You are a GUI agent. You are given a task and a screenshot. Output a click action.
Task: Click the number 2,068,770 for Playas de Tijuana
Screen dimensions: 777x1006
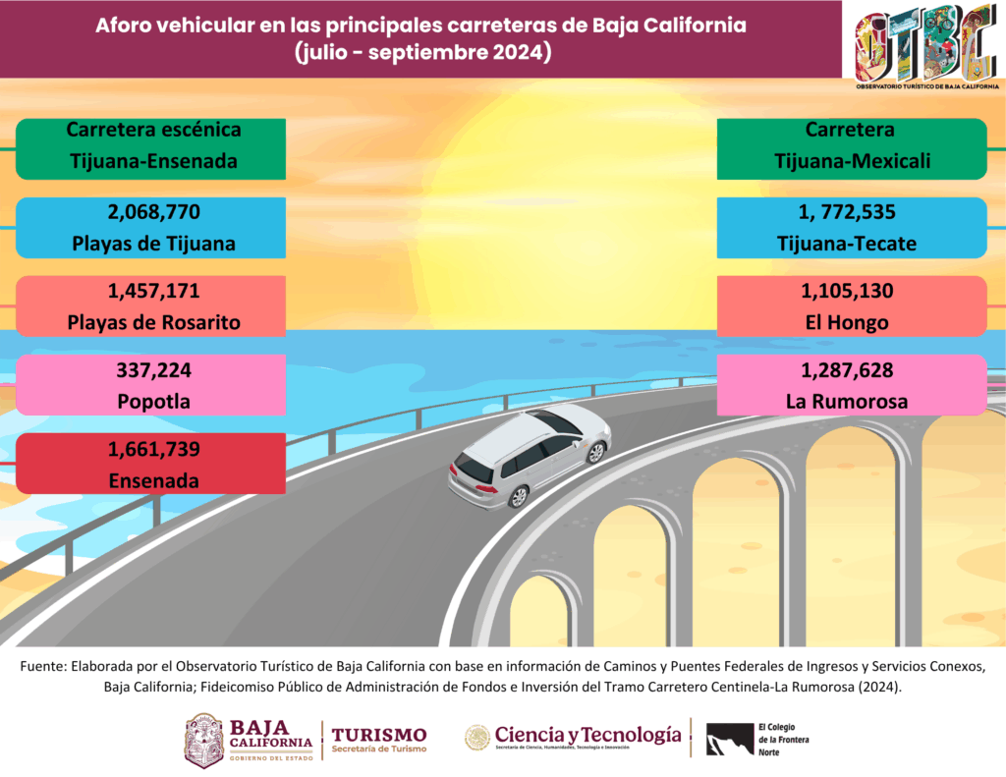point(151,211)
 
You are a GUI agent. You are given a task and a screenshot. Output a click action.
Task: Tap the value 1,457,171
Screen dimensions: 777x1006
point(151,291)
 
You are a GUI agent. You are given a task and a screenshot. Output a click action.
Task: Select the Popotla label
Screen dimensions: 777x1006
point(151,401)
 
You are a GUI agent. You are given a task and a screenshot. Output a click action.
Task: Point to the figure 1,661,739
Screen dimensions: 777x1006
point(151,450)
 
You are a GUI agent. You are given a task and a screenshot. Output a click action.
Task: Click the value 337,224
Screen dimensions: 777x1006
point(151,370)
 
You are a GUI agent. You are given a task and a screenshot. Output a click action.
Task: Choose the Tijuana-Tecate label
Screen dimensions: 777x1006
point(852,244)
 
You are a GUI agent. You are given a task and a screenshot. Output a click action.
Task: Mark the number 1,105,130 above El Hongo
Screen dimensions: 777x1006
point(852,291)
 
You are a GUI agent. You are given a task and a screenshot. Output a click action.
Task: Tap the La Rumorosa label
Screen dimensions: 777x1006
point(852,401)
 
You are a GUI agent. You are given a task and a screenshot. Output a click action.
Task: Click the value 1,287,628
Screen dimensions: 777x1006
point(852,370)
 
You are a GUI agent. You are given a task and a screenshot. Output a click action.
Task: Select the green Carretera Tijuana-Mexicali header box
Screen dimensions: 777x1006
point(852,148)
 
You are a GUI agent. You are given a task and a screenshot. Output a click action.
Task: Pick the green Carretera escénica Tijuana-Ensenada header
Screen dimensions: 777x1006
point(151,148)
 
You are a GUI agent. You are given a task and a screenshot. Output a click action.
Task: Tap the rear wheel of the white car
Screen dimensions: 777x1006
point(518,496)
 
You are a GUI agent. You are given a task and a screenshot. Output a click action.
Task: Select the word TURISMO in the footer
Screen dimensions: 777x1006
point(379,735)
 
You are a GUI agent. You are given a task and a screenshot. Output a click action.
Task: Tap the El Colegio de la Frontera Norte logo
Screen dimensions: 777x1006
point(756,739)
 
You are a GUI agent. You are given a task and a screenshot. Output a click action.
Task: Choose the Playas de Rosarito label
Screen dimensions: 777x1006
point(151,322)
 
